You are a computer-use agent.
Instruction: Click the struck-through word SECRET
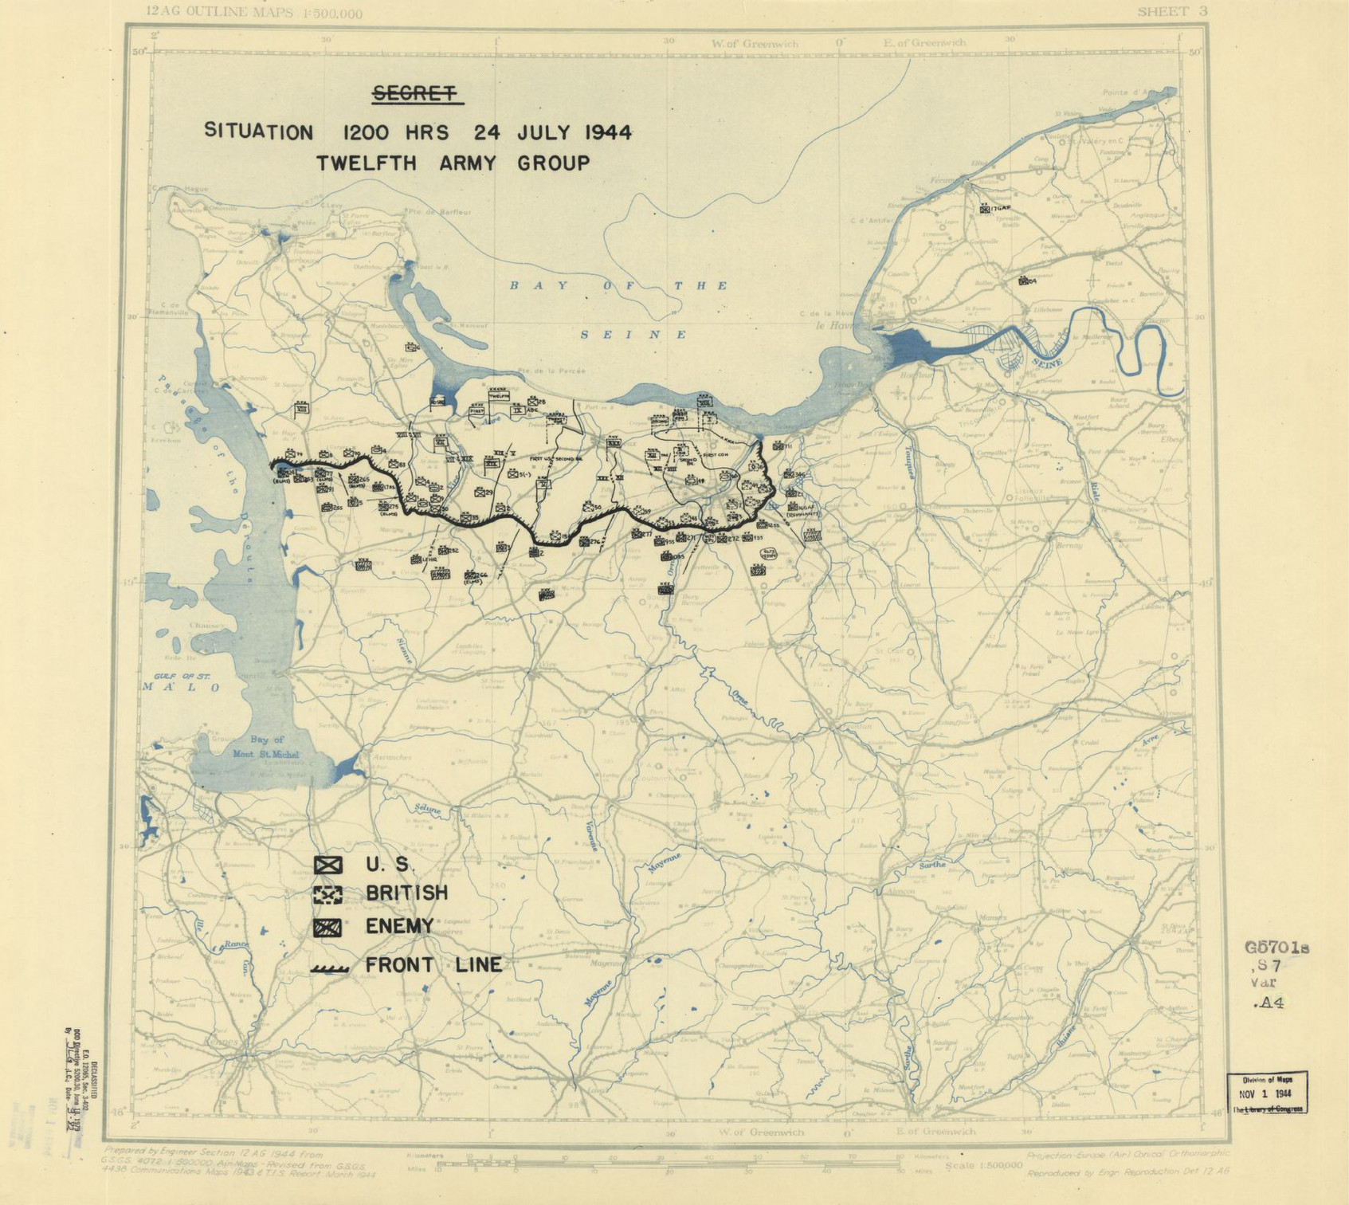click(x=416, y=94)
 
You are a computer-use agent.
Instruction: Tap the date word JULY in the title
click(x=547, y=132)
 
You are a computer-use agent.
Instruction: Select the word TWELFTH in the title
click(x=366, y=164)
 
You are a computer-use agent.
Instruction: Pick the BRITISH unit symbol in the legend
click(x=327, y=895)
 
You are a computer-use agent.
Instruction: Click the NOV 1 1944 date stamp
click(x=1267, y=1094)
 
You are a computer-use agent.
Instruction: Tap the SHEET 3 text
click(x=1172, y=11)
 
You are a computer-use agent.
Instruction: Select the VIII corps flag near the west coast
click(x=302, y=409)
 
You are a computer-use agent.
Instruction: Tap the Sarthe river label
click(x=932, y=865)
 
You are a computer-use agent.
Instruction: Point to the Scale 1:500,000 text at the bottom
click(x=982, y=1165)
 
